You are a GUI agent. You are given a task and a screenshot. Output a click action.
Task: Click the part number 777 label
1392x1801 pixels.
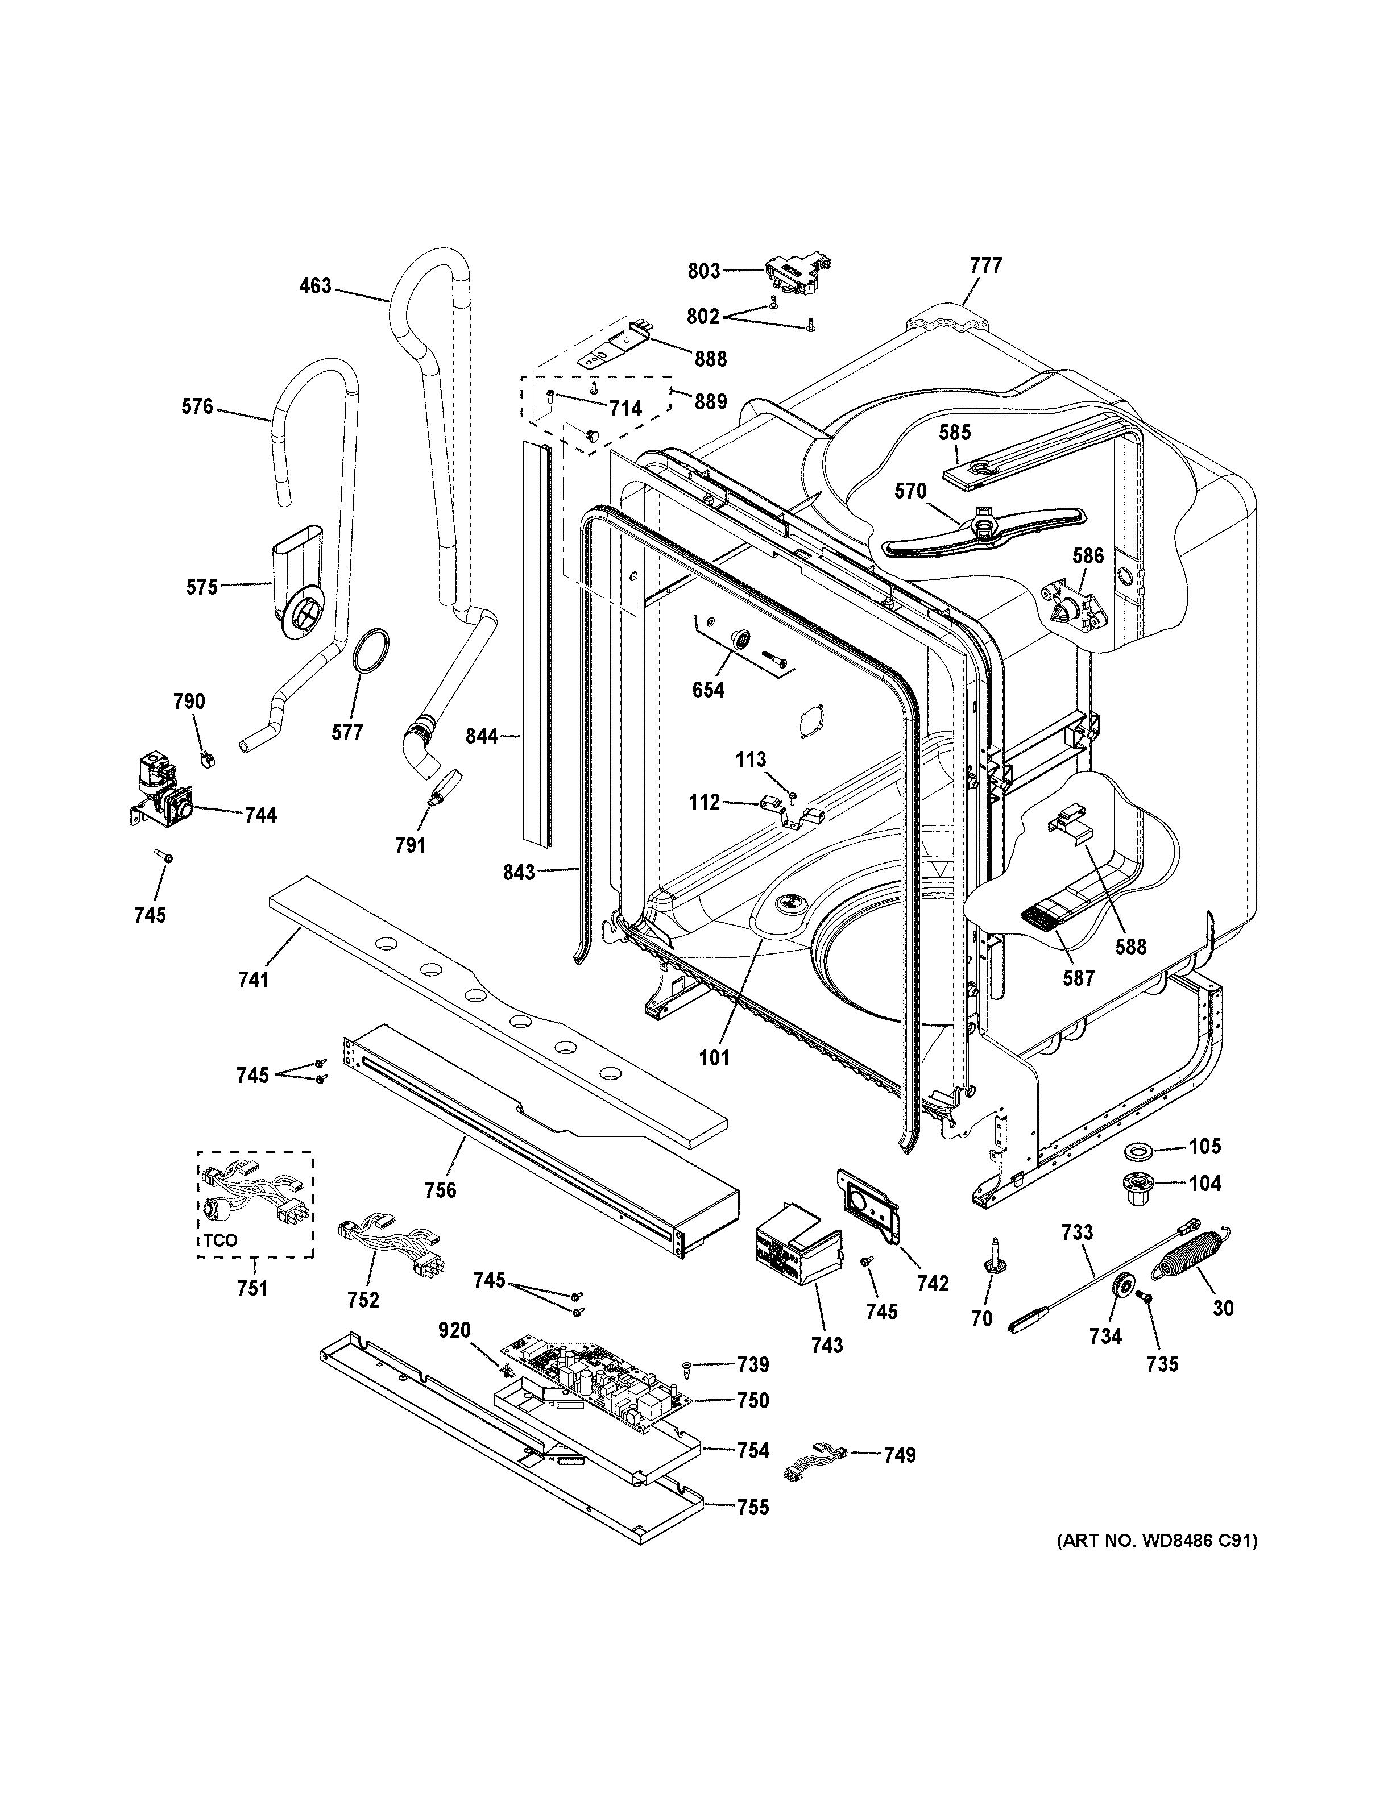pyautogui.click(x=985, y=265)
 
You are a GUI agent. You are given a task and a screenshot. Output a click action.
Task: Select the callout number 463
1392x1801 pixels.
pyautogui.click(x=315, y=286)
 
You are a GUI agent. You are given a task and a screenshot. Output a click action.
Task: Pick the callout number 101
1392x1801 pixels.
pyautogui.click(x=714, y=1057)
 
